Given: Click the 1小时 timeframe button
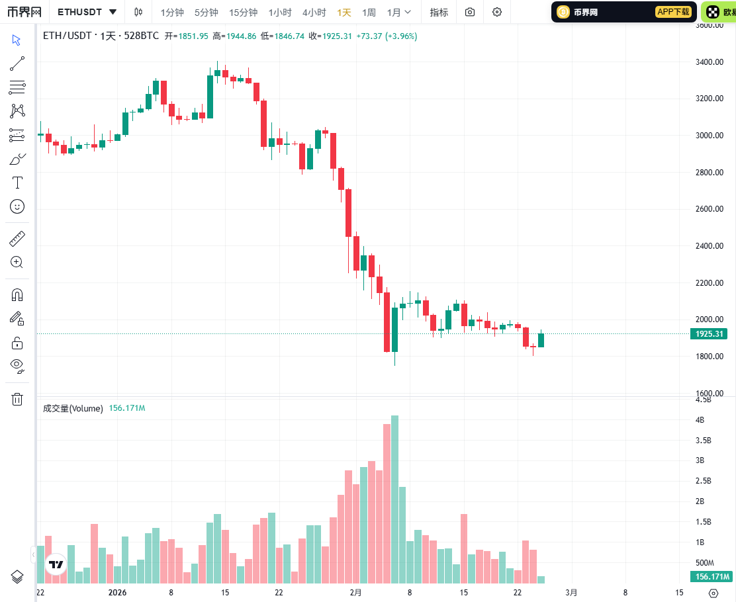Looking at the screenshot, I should tap(280, 12).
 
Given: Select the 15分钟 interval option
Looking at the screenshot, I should tap(243, 12).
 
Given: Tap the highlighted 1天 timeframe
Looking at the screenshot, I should tap(344, 12).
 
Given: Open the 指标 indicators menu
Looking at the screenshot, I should tap(439, 12).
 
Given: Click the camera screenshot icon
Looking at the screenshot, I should tap(470, 12).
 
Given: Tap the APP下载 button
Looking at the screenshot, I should tap(673, 12).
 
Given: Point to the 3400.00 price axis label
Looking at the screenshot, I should tap(709, 62).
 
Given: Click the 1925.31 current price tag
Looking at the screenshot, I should tap(712, 334).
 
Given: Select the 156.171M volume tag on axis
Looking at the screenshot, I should tap(712, 577).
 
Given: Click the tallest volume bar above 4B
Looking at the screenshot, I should tap(395, 496).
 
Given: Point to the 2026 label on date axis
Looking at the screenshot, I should tap(116, 593).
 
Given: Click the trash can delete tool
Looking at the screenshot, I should tap(17, 399).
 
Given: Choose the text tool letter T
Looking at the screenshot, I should tap(17, 183).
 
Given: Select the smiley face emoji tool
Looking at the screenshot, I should tap(17, 206).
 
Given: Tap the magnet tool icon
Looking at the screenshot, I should tap(17, 294).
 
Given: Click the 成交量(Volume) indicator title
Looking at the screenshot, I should tap(73, 408).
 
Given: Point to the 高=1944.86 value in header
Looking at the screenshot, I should tap(234, 36).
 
